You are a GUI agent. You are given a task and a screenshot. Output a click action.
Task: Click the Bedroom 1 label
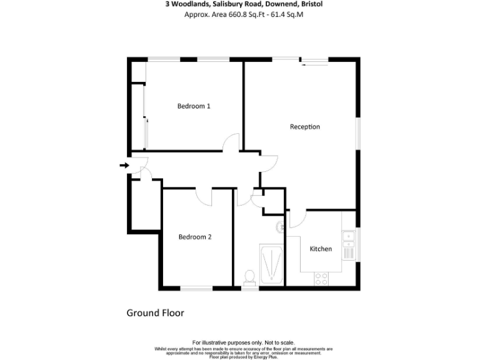click(x=194, y=106)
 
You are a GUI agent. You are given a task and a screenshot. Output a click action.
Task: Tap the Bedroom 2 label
click(x=195, y=237)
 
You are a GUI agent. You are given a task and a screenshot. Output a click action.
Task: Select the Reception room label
click(x=305, y=127)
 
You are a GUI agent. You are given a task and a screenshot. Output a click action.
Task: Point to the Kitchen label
click(x=321, y=249)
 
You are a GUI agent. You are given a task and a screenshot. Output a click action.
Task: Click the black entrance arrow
click(x=124, y=165)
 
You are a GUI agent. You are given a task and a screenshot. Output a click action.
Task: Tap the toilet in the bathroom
click(x=249, y=276)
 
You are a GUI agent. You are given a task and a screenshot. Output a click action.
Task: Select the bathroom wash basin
click(x=281, y=227)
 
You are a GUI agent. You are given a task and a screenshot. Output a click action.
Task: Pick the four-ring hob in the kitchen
click(x=322, y=279)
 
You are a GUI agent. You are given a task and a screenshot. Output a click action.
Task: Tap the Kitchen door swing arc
click(x=296, y=218)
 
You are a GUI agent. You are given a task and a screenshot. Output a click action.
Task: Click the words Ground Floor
click(x=156, y=312)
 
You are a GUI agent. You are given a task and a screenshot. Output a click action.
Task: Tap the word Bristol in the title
click(x=311, y=4)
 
